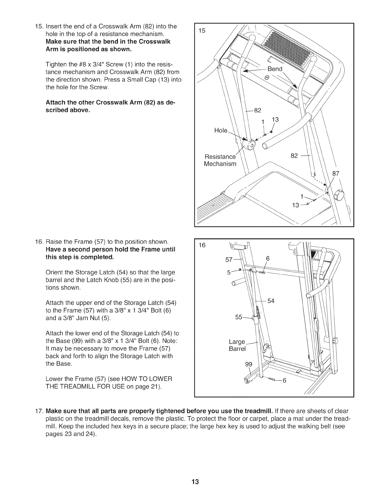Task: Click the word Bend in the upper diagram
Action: [x=275, y=69]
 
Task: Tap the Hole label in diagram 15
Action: [x=221, y=130]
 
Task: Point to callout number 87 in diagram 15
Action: [x=336, y=173]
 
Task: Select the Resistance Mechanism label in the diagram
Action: [x=220, y=160]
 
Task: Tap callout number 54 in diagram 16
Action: [x=271, y=301]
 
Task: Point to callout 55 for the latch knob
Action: [x=239, y=317]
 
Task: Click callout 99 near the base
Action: [x=249, y=364]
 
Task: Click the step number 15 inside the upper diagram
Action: [x=202, y=31]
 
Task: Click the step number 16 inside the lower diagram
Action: [x=202, y=245]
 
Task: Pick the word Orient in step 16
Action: [x=54, y=272]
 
